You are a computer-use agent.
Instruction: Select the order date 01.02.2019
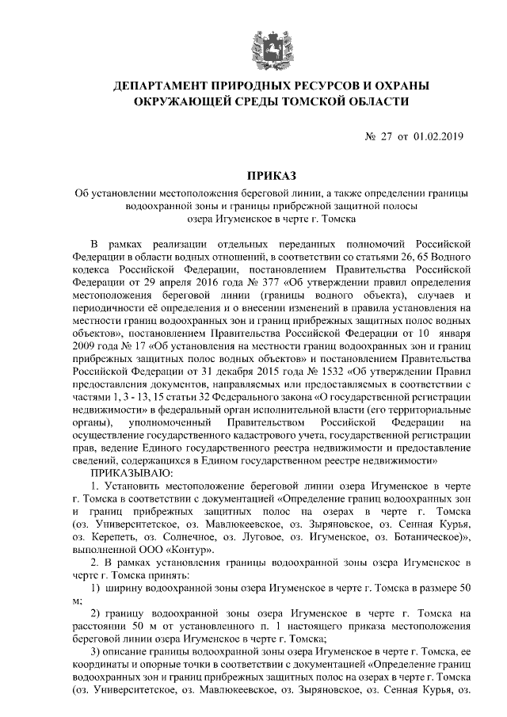coord(440,137)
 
